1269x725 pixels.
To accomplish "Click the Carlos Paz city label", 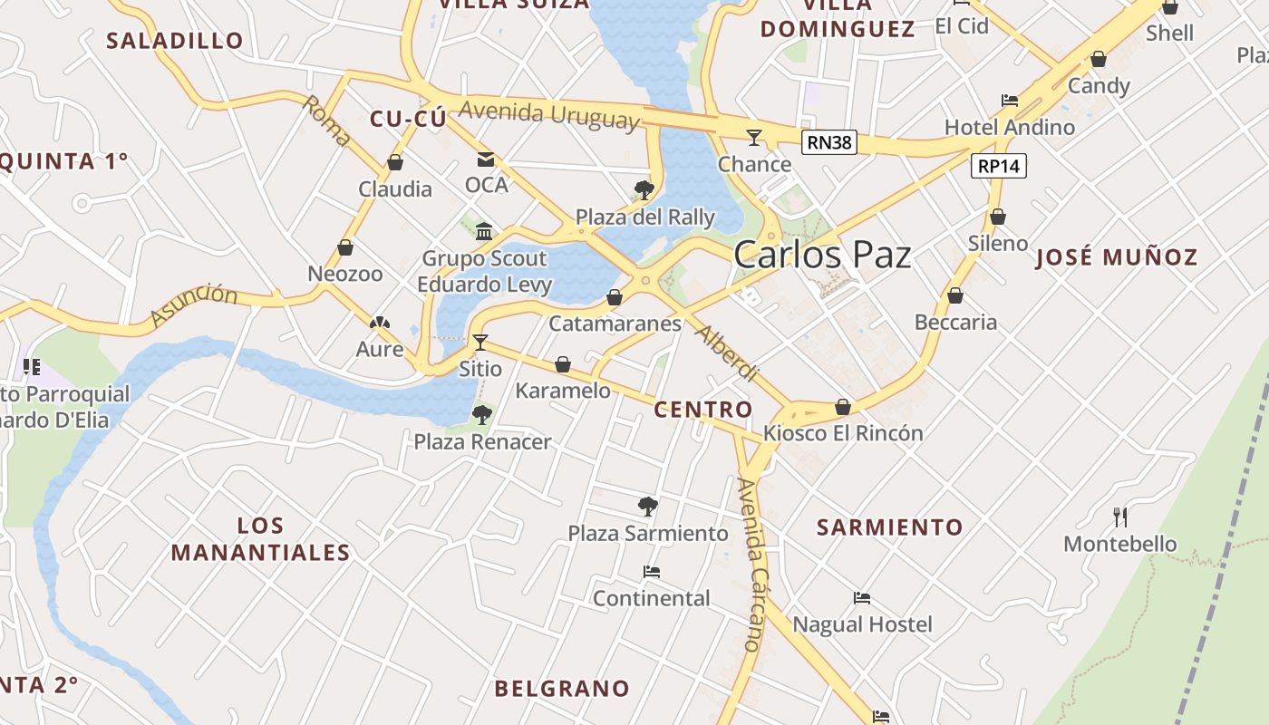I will click(822, 255).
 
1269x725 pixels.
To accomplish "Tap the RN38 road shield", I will click(829, 142).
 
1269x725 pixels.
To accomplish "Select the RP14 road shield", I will click(999, 166).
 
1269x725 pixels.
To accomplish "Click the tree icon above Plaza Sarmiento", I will click(647, 506).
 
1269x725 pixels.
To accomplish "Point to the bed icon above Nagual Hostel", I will click(862, 598).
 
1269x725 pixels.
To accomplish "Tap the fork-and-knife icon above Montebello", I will click(1120, 517).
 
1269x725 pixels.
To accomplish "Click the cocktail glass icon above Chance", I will click(753, 138).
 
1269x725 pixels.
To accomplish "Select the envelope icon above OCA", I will click(486, 159).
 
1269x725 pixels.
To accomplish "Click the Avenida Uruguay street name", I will click(548, 114).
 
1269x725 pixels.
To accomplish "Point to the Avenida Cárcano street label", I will click(753, 565).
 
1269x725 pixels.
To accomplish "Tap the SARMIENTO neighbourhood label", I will click(889, 527).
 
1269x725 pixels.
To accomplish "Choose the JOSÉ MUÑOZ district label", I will click(1116, 257).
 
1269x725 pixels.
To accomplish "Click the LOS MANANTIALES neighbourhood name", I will click(260, 538).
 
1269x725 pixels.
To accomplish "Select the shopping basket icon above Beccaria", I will click(954, 295).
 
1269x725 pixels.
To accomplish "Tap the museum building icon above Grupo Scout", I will click(484, 231).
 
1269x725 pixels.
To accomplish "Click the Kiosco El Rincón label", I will click(843, 433).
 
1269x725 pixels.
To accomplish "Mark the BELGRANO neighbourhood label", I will click(562, 689).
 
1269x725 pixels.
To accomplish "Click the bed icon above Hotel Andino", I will click(1009, 101).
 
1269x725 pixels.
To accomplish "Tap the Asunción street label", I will click(193, 305).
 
